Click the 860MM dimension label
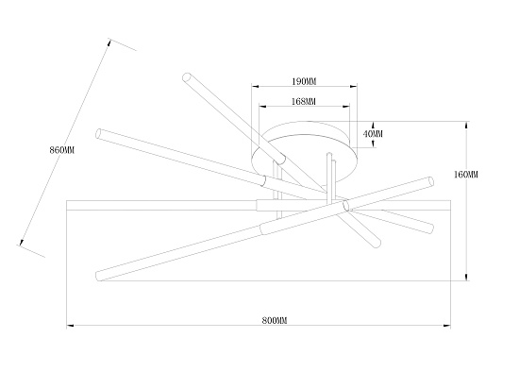click(62, 150)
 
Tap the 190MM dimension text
click(304, 81)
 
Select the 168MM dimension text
click(304, 101)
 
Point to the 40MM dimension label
click(373, 134)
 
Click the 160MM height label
click(466, 174)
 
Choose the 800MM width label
click(275, 320)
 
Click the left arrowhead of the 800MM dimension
click(70, 326)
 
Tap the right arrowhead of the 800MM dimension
click(447, 326)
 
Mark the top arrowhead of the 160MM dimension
click(466, 126)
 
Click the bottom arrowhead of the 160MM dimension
click(466, 277)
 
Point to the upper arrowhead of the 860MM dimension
click(109, 43)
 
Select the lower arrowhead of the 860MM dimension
click(22, 242)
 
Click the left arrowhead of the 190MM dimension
click(255, 87)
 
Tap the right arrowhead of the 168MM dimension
click(346, 107)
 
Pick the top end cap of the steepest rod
click(186, 76)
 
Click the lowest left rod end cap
click(98, 276)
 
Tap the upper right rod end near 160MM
click(430, 181)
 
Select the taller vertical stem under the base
click(329, 178)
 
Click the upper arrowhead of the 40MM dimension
click(373, 126)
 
